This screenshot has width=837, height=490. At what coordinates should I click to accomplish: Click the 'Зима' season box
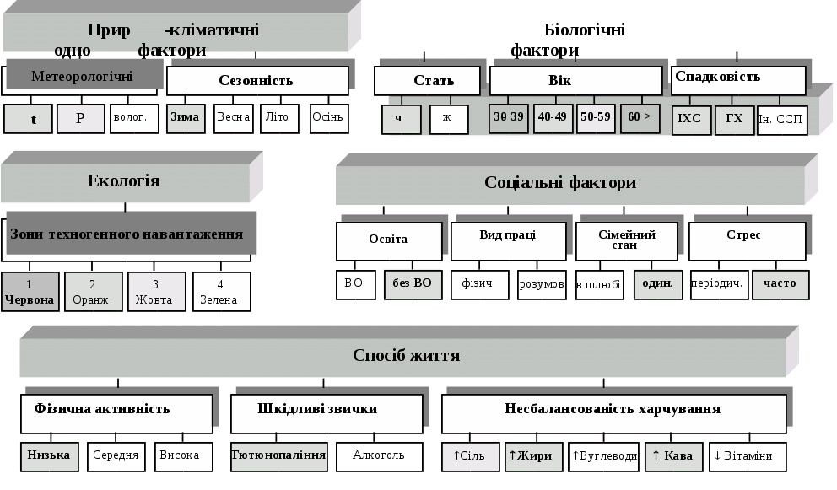(x=186, y=118)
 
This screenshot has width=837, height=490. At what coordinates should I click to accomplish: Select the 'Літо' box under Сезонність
(x=279, y=118)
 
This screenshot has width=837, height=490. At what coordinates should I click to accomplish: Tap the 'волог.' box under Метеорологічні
(x=135, y=118)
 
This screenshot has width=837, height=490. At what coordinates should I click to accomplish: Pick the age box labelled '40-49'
(x=553, y=118)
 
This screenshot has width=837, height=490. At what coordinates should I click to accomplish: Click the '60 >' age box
(x=640, y=118)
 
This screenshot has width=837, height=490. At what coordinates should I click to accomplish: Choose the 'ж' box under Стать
(x=448, y=119)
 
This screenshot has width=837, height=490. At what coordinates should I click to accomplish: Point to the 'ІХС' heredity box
(x=690, y=119)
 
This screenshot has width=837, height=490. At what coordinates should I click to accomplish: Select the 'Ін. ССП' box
(x=782, y=120)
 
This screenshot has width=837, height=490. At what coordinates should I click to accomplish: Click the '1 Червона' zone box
(x=30, y=291)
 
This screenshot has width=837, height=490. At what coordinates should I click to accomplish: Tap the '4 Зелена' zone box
(x=221, y=291)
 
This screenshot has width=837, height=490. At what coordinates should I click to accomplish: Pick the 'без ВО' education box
(x=413, y=284)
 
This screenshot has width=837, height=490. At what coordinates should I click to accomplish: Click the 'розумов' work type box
(x=542, y=284)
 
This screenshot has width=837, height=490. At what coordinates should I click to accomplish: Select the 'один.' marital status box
(x=658, y=284)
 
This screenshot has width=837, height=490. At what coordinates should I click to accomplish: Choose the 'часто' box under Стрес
(x=780, y=284)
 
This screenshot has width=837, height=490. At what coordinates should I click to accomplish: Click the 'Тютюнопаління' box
(x=279, y=456)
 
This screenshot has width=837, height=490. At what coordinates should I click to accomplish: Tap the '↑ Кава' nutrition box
(x=673, y=456)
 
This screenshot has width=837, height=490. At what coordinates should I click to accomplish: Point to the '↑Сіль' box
(x=470, y=456)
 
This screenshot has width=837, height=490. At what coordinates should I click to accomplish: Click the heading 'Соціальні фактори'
(x=560, y=183)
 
